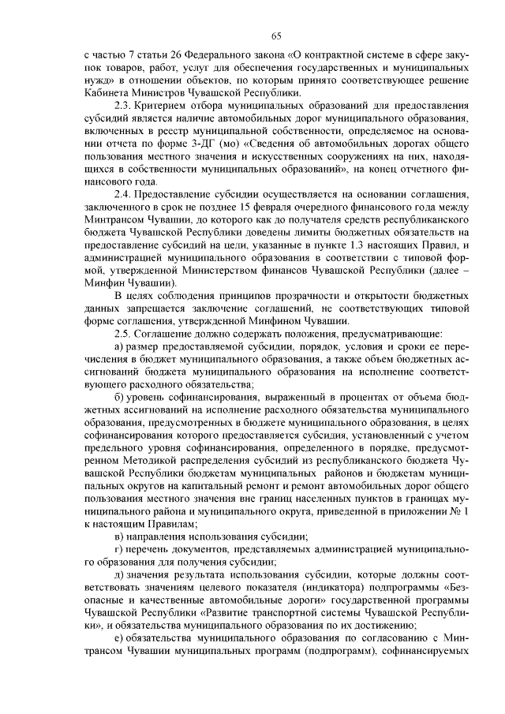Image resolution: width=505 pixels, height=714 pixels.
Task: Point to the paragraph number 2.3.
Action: pyautogui.click(x=124, y=105)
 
